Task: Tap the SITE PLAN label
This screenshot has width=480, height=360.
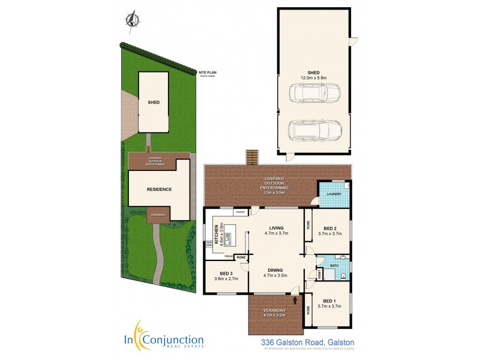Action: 208,73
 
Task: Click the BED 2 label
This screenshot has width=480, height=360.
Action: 330,229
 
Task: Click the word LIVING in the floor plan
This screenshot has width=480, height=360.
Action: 277,228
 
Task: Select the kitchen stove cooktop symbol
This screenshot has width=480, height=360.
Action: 209,244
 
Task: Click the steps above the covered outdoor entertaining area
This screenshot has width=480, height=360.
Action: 252,157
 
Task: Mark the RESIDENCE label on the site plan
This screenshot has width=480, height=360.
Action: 159,190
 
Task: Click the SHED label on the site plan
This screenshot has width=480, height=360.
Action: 154,102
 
